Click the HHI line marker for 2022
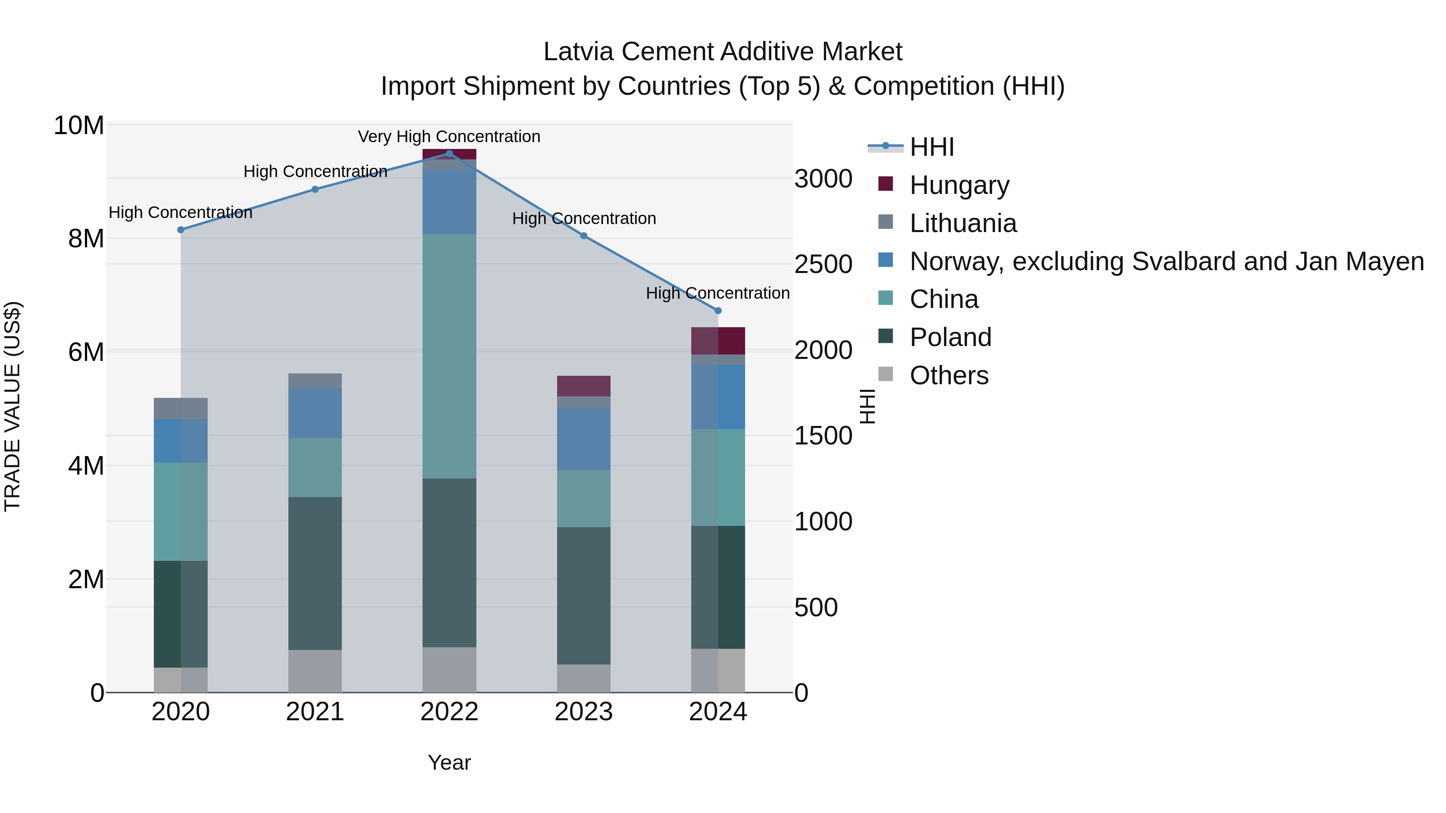449,153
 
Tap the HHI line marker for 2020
181,230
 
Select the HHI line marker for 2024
717,310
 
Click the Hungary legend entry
959,185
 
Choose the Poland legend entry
950,337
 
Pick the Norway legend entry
1166,261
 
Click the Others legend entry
949,375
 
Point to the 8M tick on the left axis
85,238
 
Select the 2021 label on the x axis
315,712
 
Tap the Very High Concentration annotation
449,137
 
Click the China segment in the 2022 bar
449,356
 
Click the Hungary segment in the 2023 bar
583,386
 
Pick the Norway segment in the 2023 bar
583,439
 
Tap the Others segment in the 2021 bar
315,670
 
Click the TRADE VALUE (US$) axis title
12,406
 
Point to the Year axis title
449,762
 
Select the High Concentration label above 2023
584,218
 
